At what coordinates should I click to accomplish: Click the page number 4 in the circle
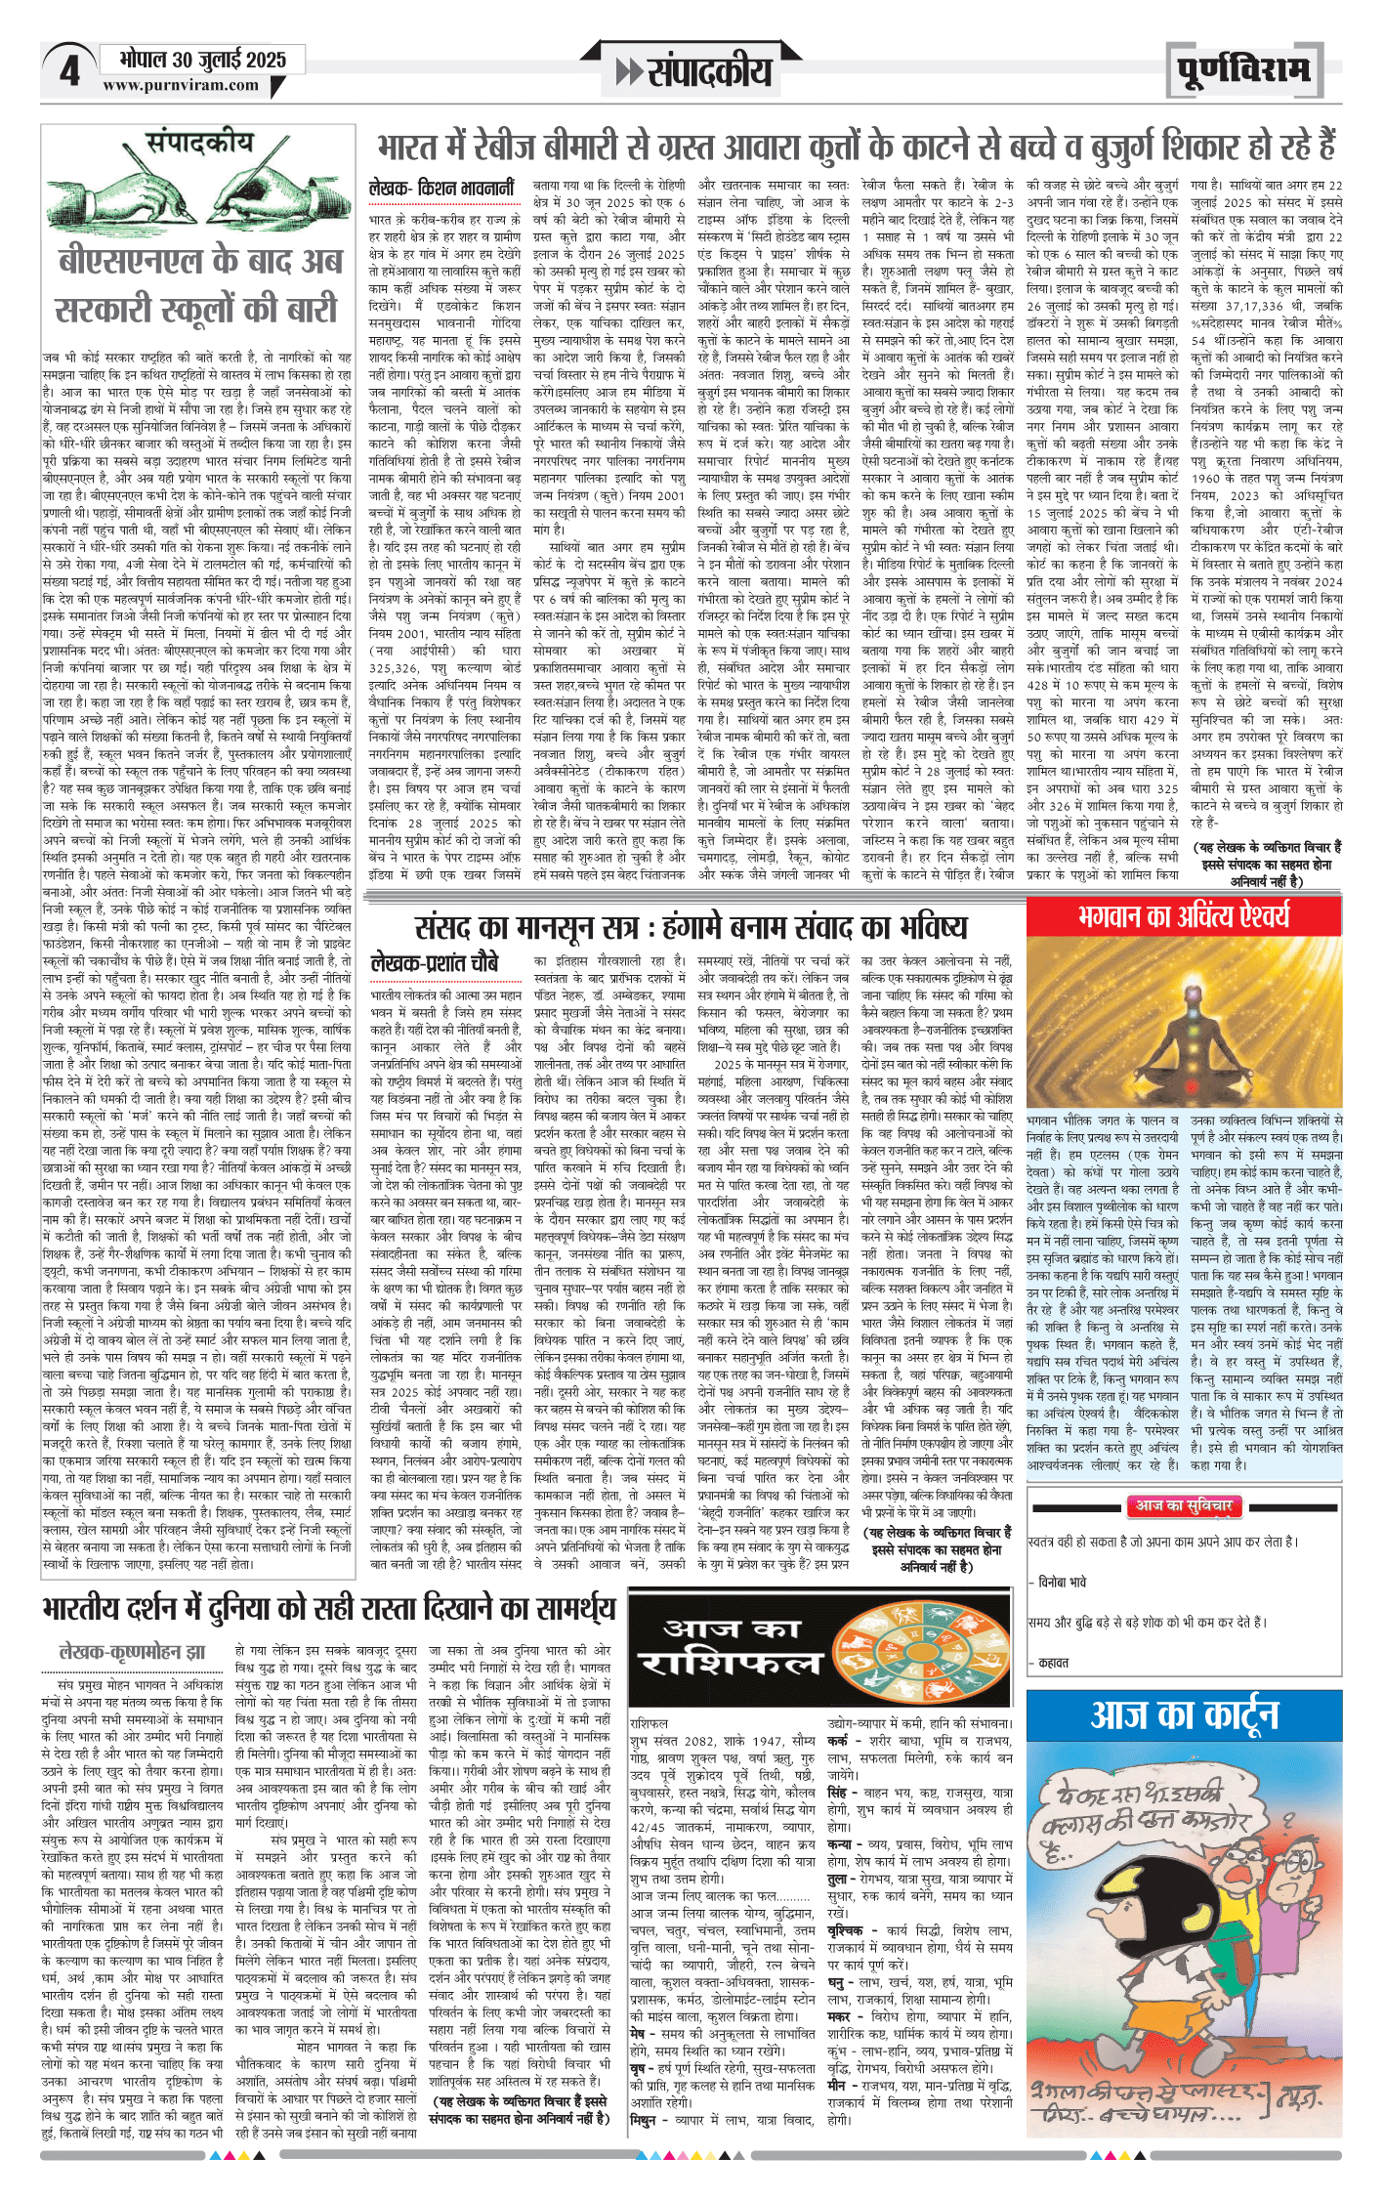69,71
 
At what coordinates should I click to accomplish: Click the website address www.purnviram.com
181,86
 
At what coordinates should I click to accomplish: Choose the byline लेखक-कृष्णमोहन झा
132,1652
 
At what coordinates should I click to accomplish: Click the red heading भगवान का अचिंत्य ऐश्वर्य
1184,916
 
